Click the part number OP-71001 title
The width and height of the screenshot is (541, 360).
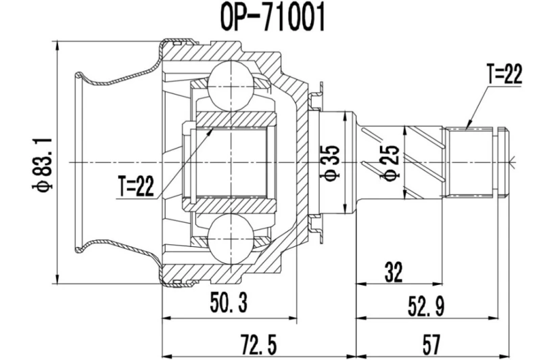pos(270,18)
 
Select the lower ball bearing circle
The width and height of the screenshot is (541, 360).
pos(230,240)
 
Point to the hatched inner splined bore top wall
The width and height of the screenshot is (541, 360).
pos(233,120)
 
